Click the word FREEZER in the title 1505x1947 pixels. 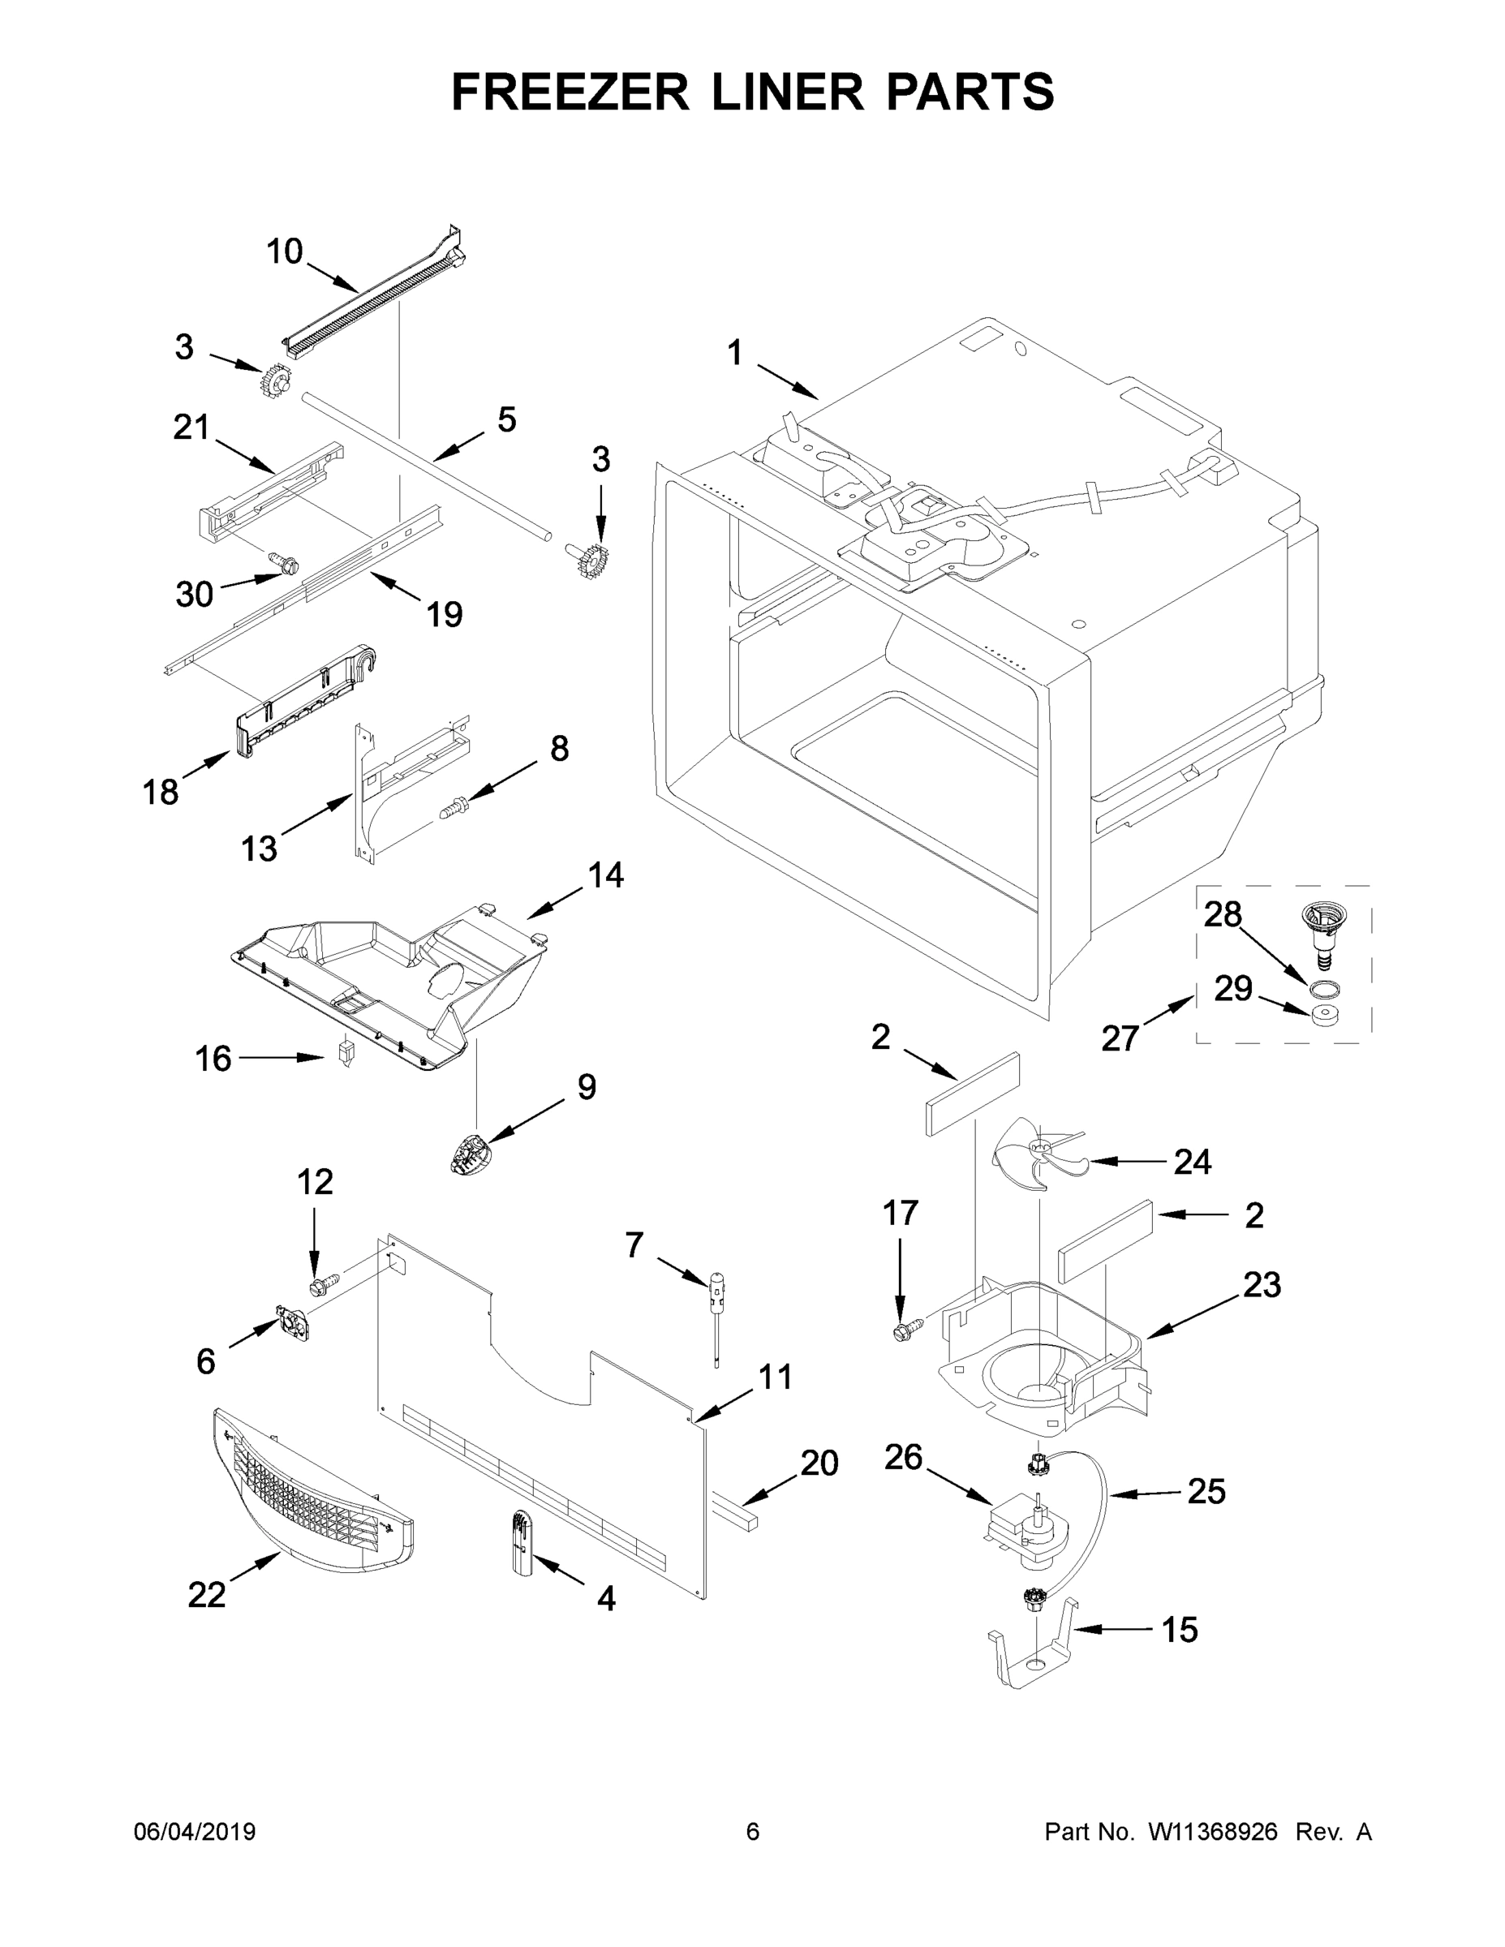[x=570, y=92]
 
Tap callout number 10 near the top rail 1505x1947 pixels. [x=285, y=252]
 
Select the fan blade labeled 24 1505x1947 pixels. [x=1036, y=1154]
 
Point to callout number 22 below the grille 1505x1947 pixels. [x=206, y=1595]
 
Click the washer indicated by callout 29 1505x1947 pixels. [x=1322, y=1015]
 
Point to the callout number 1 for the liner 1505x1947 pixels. [x=733, y=353]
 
